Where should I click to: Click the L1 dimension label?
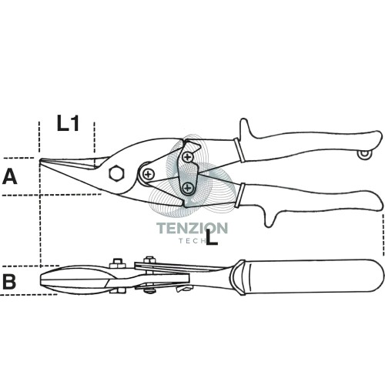coord(68,123)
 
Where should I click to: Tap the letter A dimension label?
coord(9,176)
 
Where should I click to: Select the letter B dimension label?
coord(9,281)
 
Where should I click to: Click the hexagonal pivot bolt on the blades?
coord(116,173)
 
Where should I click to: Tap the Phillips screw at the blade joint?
coord(148,175)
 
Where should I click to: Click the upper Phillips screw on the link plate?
coord(188,156)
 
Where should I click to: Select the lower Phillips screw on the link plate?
coord(188,188)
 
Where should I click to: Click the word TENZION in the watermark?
coord(192,228)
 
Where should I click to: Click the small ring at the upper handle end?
coord(364,154)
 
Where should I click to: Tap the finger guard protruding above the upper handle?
coord(245,129)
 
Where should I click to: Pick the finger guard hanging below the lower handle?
coord(269,218)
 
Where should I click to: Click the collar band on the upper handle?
coord(239,151)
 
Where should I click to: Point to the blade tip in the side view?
coord(41,160)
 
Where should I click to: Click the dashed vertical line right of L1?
coord(95,137)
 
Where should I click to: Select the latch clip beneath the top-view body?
coord(184,289)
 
